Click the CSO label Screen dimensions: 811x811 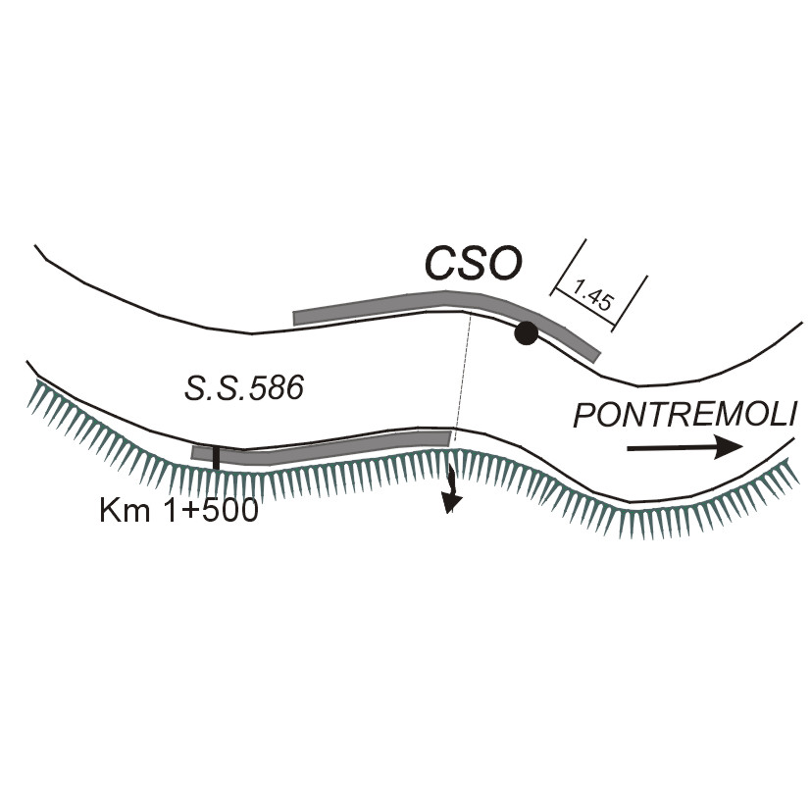tap(474, 264)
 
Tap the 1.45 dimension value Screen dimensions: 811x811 tap(591, 294)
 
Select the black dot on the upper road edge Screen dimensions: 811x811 tap(527, 333)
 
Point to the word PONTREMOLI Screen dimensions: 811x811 tap(684, 415)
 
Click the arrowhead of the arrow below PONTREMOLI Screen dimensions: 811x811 tap(727, 448)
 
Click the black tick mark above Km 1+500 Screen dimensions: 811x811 tap(216, 456)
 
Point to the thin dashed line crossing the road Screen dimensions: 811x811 tap(461, 373)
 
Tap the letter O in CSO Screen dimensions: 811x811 tap(506, 264)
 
